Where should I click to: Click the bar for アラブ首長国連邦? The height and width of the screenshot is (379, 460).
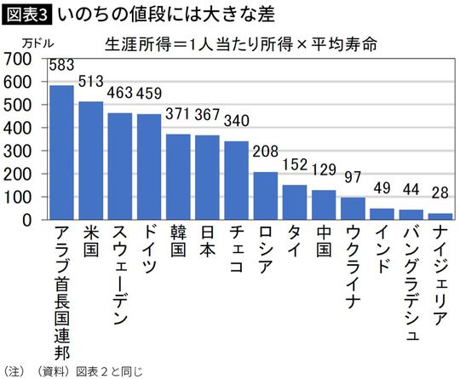(61, 152)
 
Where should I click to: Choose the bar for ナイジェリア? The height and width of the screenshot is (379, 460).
(440, 215)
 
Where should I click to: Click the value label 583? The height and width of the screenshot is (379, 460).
(61, 65)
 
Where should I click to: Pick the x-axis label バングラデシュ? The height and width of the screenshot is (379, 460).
(411, 285)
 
